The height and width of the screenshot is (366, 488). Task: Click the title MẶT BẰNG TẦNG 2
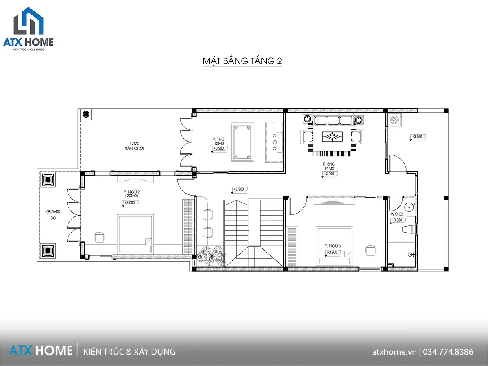click(x=242, y=61)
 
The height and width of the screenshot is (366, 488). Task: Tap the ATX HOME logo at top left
click(x=28, y=29)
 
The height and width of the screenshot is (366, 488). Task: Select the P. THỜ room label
click(x=218, y=139)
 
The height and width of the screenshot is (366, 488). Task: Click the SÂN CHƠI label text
click(x=134, y=148)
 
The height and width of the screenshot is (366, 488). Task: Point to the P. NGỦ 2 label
click(x=132, y=192)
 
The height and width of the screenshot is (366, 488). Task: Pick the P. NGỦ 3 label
click(x=333, y=246)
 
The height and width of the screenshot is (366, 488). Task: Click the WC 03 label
click(x=397, y=214)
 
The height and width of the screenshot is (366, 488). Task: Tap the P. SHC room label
click(x=329, y=164)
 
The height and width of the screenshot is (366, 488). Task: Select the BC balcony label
click(x=53, y=218)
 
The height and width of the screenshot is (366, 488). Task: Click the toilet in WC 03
click(x=409, y=229)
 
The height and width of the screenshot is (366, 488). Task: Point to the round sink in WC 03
click(x=409, y=207)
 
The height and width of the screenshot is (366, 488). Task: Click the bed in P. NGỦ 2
click(x=135, y=234)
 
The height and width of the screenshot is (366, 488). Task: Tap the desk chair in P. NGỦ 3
click(x=370, y=250)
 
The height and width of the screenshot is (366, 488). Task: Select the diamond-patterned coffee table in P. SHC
click(x=332, y=137)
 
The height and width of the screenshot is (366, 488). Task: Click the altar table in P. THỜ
click(x=242, y=142)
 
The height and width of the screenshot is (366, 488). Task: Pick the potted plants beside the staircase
click(x=211, y=255)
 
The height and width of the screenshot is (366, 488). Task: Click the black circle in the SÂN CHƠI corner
click(x=86, y=114)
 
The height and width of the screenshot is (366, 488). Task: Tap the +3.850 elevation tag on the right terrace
click(x=418, y=137)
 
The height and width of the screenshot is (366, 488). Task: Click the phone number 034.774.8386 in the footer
click(x=448, y=352)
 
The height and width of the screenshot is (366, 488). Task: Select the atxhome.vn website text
click(x=394, y=352)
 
